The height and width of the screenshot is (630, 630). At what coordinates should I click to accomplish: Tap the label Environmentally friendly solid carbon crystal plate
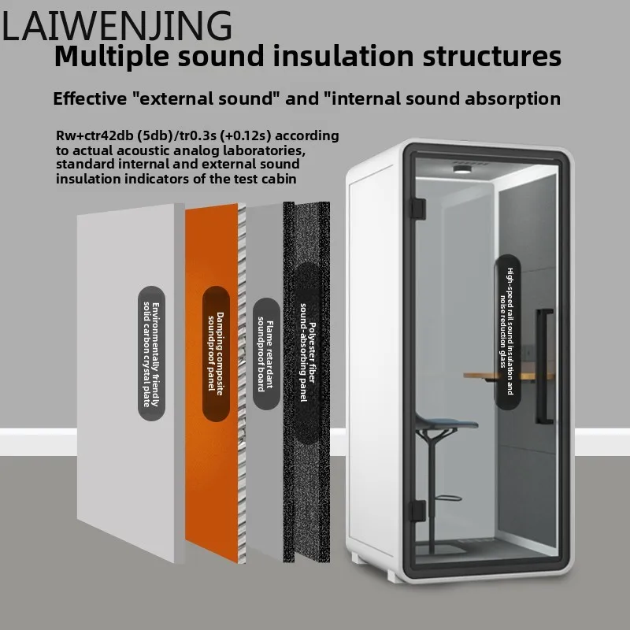coord(150,351)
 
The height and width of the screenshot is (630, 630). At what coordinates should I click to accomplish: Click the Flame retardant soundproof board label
coord(264,351)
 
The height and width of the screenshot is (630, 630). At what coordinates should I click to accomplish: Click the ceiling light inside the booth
coord(461,169)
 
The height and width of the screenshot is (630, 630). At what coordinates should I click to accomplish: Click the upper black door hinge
coord(418,208)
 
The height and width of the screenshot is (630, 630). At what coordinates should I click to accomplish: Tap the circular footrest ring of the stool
coord(443,497)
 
